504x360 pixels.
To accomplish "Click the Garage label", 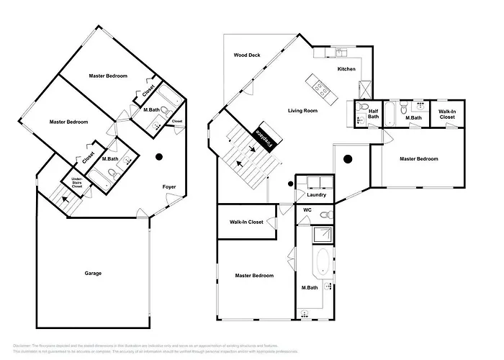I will pyautogui.click(x=93, y=273).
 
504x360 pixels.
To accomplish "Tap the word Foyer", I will pyautogui.click(x=168, y=186).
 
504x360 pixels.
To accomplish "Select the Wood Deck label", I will pyautogui.click(x=247, y=55).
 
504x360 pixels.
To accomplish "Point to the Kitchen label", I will pyautogui.click(x=346, y=68).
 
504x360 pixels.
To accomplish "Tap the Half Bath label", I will pyautogui.click(x=373, y=114).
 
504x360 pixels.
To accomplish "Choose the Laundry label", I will pyautogui.click(x=316, y=195).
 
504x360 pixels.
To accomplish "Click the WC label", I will pyautogui.click(x=306, y=210).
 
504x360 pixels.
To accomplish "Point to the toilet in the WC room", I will pyautogui.click(x=325, y=215).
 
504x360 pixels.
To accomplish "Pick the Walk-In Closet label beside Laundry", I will pyautogui.click(x=246, y=222).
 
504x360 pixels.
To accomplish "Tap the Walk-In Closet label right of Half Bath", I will pyautogui.click(x=446, y=114).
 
